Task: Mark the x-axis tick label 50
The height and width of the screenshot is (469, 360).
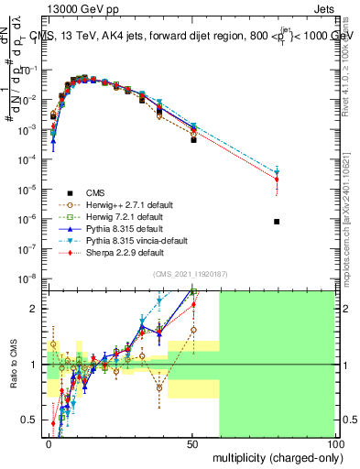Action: [x=192, y=442]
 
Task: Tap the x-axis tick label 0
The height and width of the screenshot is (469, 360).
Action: [x=49, y=442]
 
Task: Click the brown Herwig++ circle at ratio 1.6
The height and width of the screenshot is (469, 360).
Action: [x=193, y=330]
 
